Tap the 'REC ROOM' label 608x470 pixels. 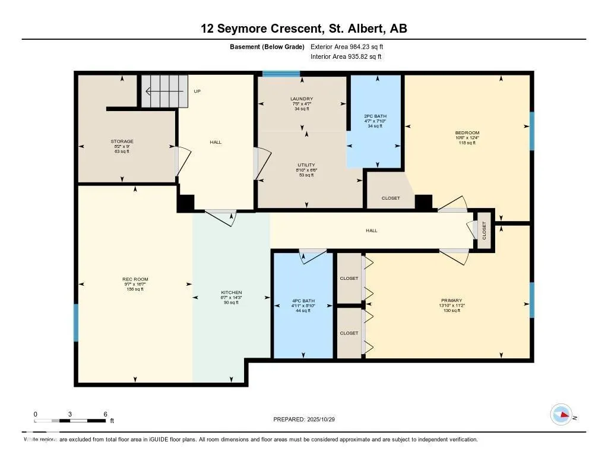[135, 279]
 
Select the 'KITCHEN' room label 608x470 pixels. [231, 293]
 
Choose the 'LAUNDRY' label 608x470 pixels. [302, 99]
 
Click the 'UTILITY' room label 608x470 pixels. [306, 165]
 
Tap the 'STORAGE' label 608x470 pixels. [122, 141]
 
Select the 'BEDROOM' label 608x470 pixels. [467, 133]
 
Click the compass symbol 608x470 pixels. [561, 414]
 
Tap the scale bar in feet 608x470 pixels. [70, 421]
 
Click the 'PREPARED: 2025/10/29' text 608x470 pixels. [308, 419]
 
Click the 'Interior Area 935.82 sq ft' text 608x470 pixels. [346, 57]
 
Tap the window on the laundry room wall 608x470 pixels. [281, 74]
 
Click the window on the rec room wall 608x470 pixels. [76, 323]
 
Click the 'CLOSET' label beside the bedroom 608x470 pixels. [391, 198]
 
